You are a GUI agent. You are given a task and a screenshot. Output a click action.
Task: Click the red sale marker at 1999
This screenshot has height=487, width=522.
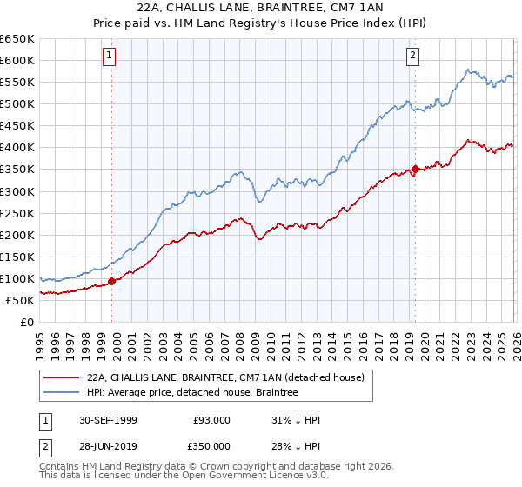tap(112, 281)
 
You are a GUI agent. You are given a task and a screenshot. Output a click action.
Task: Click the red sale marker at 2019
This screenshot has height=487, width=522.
tap(415, 169)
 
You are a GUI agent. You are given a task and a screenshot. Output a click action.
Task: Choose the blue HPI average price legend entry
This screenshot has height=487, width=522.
tap(192, 393)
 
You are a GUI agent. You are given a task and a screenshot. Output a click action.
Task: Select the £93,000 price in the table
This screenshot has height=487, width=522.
tap(212, 420)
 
